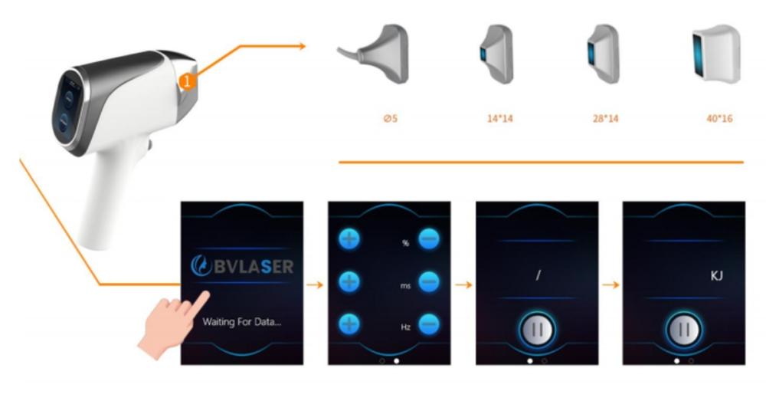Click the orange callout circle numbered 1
pyautogui.click(x=187, y=82)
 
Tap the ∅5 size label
pyautogui.click(x=391, y=118)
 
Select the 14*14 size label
pyautogui.click(x=499, y=118)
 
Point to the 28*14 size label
pyautogui.click(x=605, y=118)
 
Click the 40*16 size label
pyautogui.click(x=719, y=118)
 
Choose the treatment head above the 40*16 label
pyautogui.click(x=716, y=54)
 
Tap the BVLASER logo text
pyautogui.click(x=242, y=266)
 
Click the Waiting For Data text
pyautogui.click(x=242, y=322)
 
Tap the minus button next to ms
pyautogui.click(x=429, y=282)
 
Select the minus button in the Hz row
pyautogui.click(x=429, y=324)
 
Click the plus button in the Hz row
pyautogui.click(x=349, y=324)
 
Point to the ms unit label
pyautogui.click(x=405, y=285)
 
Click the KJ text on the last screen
pyautogui.click(x=716, y=276)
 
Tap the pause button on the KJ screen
pyautogui.click(x=684, y=330)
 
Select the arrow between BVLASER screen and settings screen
pyautogui.click(x=315, y=284)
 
